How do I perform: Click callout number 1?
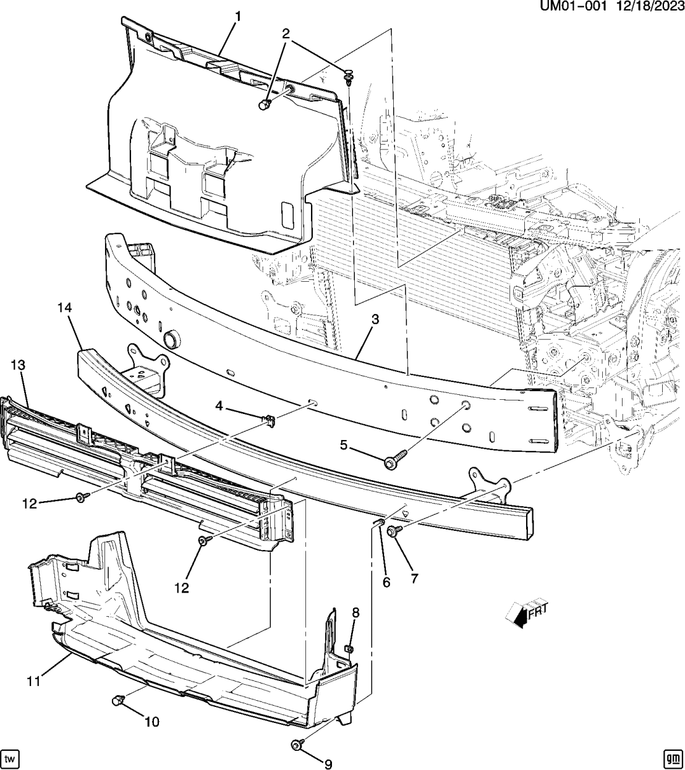pos(237,16)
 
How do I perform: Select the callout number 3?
pos(375,319)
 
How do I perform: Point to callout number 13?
pos(17,365)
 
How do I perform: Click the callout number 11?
pos(33,681)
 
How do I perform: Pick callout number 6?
pos(386,582)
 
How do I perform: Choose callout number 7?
pos(414,578)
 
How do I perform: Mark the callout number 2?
pos(286,33)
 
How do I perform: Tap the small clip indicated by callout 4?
pos(269,421)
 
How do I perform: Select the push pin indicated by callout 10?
pos(116,700)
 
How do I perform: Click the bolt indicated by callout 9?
pos(296,746)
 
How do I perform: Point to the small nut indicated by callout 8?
pos(348,648)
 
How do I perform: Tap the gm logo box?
pos(671,758)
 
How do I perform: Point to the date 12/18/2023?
pos(648,7)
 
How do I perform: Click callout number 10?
pos(151,721)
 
